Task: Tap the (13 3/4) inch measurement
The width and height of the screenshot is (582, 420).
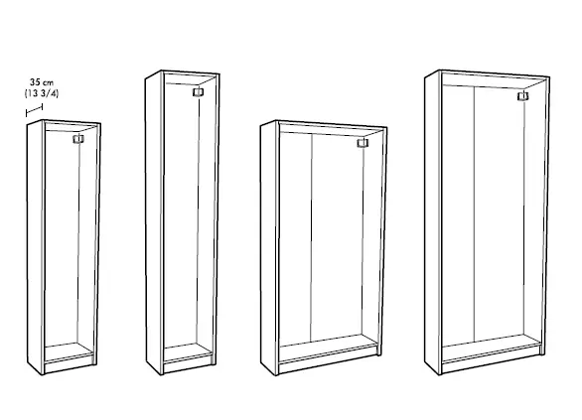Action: click(44, 94)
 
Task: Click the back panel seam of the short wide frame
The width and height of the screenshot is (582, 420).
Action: click(313, 238)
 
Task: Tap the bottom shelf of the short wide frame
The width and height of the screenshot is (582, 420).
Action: click(327, 350)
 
